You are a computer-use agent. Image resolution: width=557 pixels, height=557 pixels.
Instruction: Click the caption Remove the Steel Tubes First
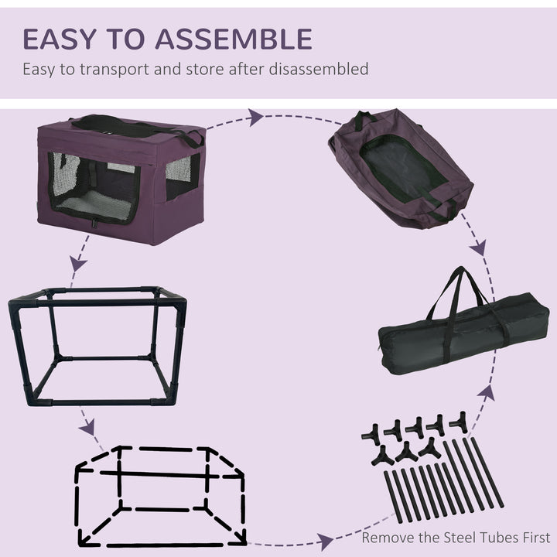click(456, 537)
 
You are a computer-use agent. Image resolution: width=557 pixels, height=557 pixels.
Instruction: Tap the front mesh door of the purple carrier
click(94, 188)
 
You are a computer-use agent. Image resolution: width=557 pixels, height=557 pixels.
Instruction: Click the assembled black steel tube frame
click(97, 345)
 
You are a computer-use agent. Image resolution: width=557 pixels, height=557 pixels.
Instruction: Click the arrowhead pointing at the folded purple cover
click(255, 118)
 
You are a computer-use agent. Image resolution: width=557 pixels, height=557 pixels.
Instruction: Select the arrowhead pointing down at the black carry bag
click(479, 248)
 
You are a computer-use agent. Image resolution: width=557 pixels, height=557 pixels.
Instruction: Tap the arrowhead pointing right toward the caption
click(326, 542)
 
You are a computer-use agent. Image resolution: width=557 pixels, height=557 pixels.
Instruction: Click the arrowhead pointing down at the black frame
click(77, 263)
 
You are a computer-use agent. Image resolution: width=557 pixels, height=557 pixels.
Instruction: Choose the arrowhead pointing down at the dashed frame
click(88, 427)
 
